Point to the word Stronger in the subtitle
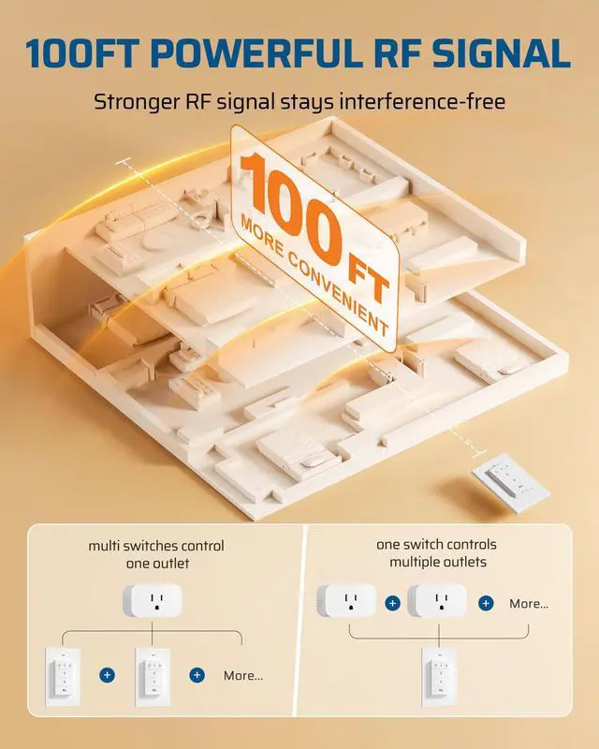[x=137, y=101]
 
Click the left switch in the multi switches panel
[x=63, y=673]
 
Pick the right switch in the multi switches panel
[x=153, y=673]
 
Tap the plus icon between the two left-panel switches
[x=108, y=674]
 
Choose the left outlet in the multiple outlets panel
[x=346, y=602]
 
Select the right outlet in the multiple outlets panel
[x=437, y=602]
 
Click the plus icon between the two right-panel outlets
[x=392, y=603]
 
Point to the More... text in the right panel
[x=529, y=604]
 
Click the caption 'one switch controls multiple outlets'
[x=437, y=552]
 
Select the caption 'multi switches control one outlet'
[x=156, y=554]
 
